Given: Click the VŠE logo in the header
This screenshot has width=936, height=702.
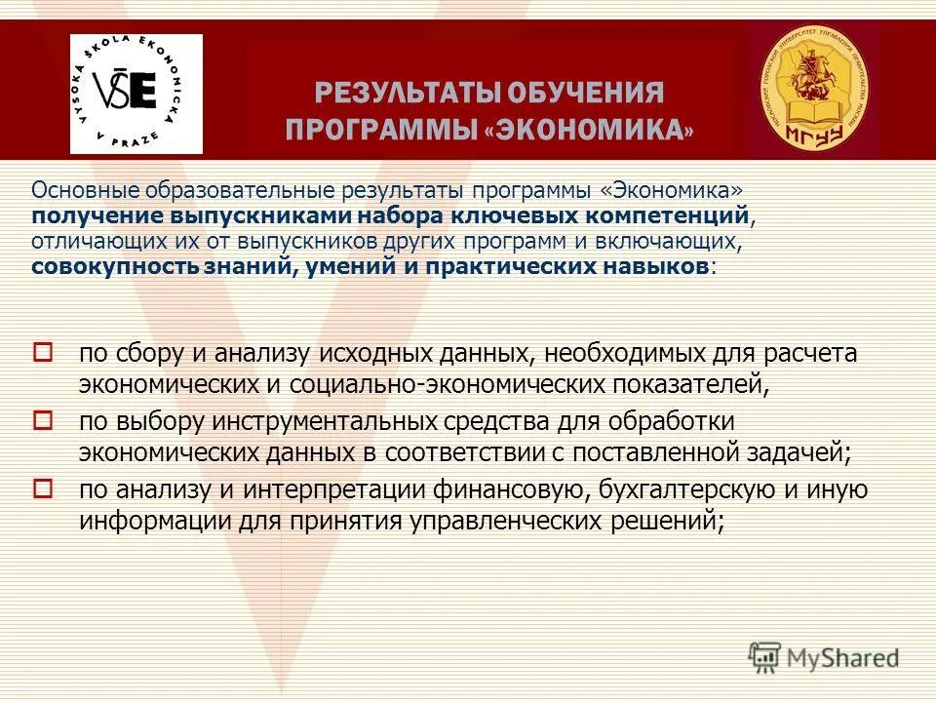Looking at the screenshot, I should point(136,94).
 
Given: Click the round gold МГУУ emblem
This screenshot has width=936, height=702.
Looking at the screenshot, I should point(813,89).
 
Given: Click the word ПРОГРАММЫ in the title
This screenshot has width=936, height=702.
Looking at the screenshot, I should point(381,131).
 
